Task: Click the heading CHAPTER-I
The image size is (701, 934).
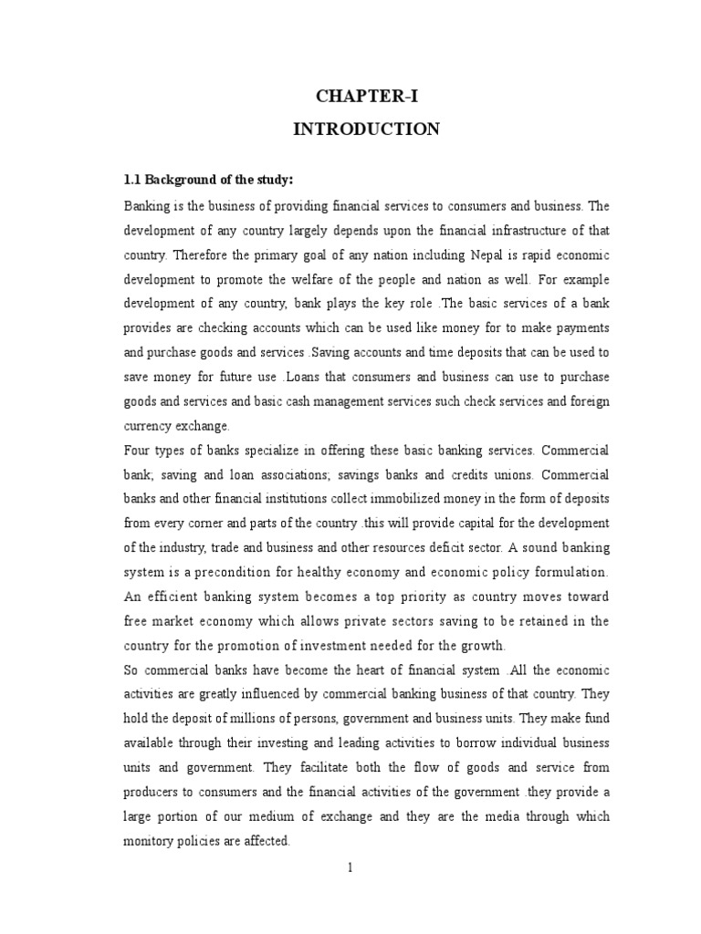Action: [366, 98]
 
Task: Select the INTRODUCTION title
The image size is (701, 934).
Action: [366, 130]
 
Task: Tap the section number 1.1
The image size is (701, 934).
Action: [133, 178]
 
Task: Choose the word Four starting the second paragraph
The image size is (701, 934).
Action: [137, 451]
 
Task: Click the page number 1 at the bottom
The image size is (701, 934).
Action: [350, 867]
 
